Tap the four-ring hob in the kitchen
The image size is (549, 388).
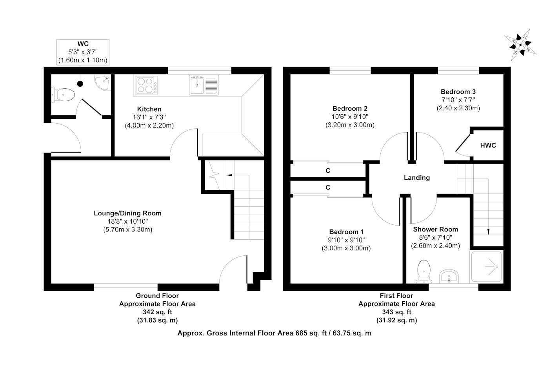[147, 86]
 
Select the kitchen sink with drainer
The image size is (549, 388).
[204, 86]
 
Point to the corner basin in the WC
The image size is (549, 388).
[103, 82]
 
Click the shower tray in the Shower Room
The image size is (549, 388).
[487, 267]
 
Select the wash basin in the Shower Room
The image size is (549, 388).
[449, 277]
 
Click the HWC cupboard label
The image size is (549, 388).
[488, 146]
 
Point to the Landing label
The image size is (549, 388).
[416, 178]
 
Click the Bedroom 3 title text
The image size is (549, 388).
[458, 92]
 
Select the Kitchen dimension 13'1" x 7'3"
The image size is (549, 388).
[149, 117]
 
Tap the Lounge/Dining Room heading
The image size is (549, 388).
[127, 213]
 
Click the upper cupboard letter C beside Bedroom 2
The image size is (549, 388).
[328, 171]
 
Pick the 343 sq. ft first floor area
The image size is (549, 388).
[396, 312]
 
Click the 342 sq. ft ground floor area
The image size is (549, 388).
[157, 312]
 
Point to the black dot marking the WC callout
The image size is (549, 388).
[80, 84]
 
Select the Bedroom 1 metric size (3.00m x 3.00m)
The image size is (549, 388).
[346, 248]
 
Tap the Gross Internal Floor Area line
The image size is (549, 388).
[274, 333]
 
